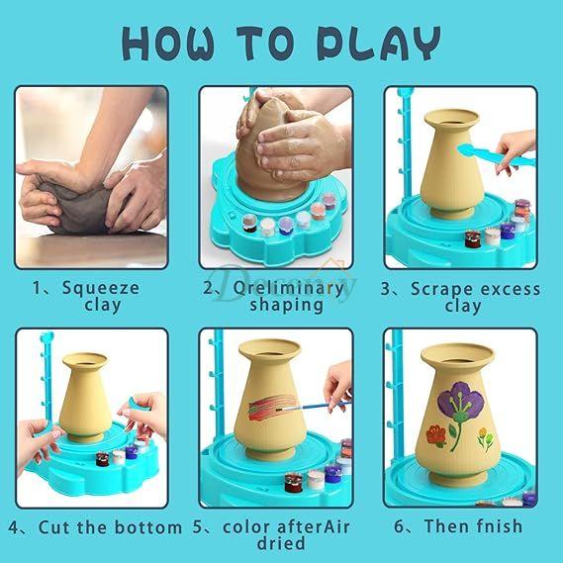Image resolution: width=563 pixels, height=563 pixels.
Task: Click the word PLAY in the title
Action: [379, 44]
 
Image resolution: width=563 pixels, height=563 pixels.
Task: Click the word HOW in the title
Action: [168, 44]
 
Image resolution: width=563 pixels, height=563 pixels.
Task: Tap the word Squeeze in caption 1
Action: [101, 288]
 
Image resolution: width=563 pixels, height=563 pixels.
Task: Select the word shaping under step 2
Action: [287, 305]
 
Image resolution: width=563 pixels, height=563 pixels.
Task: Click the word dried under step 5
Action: [281, 543]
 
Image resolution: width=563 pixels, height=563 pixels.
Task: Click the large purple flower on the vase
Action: [461, 401]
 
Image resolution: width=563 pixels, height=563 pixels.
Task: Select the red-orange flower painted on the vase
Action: [436, 436]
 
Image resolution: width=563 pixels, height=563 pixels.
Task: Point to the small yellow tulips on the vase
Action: [485, 438]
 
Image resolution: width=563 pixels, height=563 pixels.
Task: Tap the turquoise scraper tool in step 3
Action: [496, 155]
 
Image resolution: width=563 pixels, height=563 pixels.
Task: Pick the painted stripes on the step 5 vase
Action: [272, 407]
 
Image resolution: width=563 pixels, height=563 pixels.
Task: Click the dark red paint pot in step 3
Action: [473, 238]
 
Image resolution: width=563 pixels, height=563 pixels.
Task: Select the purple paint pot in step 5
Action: [332, 473]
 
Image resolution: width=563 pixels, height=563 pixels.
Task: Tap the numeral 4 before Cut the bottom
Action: [13, 527]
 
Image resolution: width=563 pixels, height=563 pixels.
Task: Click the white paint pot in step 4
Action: [119, 457]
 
